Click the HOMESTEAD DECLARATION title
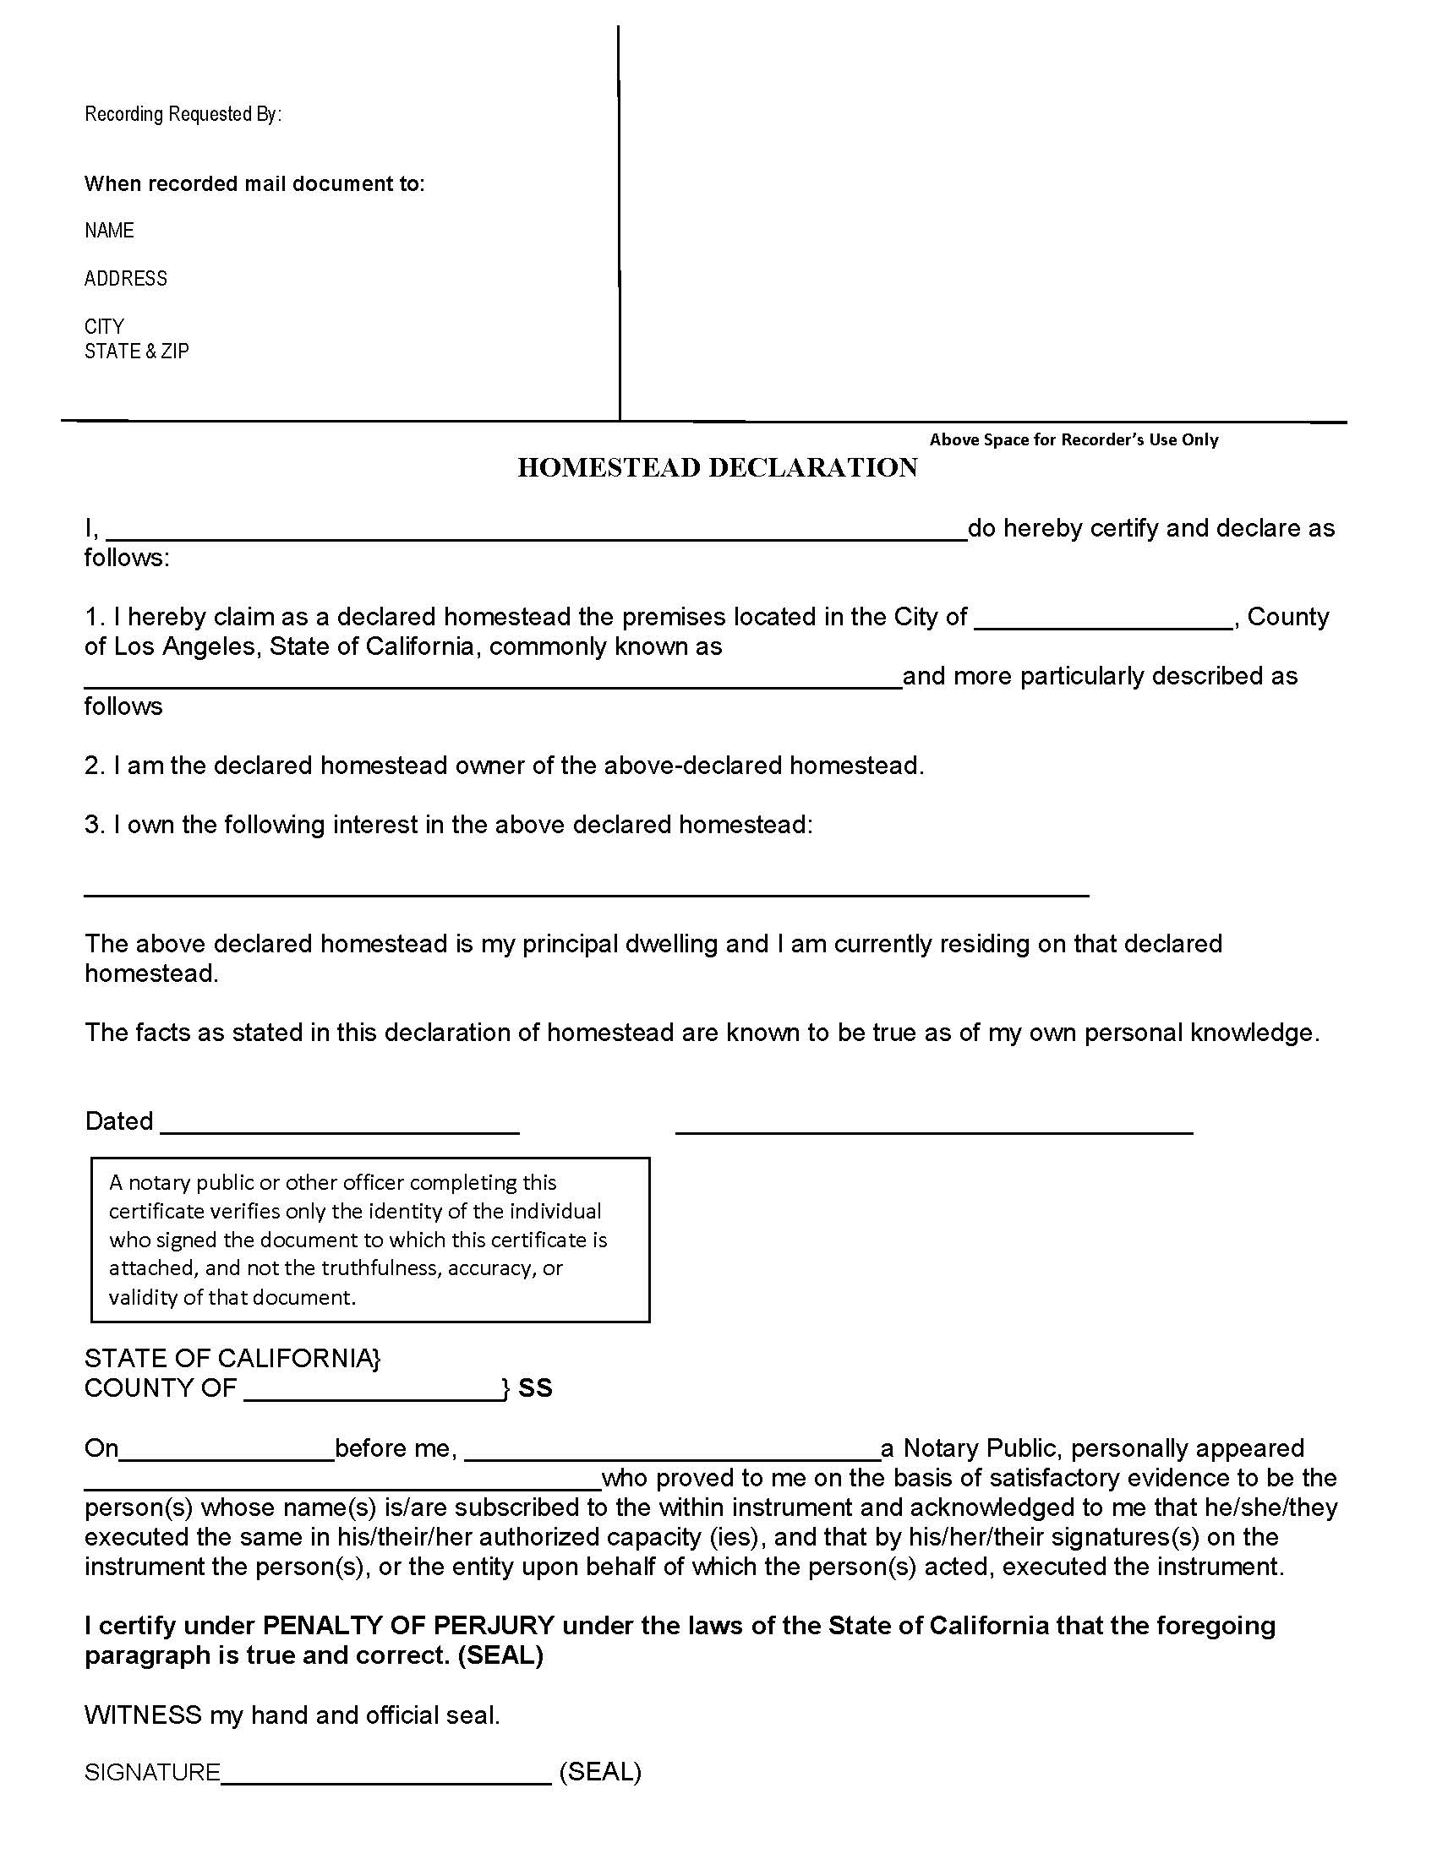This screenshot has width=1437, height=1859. (718, 467)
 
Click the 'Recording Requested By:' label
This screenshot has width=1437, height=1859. (183, 114)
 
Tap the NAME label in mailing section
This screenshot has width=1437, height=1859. (109, 231)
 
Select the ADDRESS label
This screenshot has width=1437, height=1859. (126, 278)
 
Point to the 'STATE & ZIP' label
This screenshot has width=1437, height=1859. (136, 351)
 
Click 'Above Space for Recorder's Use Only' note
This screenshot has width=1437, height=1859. (1074, 439)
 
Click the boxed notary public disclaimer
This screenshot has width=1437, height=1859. (370, 1240)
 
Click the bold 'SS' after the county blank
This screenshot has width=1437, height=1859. (535, 1388)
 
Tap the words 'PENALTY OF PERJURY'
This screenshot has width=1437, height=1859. (408, 1626)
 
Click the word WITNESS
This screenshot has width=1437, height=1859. (143, 1715)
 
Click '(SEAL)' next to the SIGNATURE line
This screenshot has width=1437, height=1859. (600, 1772)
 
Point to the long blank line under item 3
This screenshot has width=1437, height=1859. (587, 894)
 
